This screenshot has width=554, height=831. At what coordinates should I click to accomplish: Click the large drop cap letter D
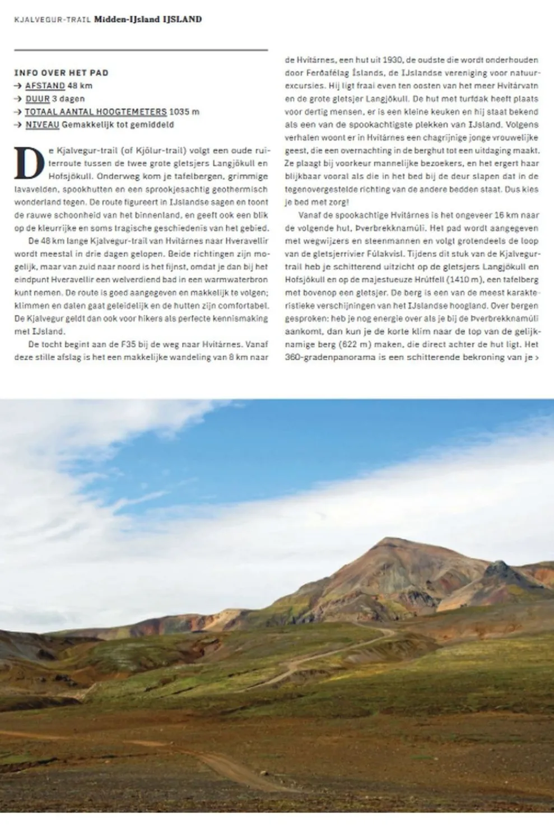point(29,162)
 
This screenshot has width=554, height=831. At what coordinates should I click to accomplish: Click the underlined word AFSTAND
point(45,86)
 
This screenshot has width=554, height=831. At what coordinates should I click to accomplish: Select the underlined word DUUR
point(37,99)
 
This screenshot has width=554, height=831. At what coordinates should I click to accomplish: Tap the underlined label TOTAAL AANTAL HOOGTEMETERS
point(96,111)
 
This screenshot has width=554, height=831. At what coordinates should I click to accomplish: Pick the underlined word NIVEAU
point(42,124)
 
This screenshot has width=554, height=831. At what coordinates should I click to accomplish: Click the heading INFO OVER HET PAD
point(61,73)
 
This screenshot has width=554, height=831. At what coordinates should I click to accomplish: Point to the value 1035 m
point(184,111)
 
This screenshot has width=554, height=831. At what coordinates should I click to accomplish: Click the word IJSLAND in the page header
point(182,19)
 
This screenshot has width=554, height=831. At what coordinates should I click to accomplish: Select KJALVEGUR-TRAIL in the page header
point(52,20)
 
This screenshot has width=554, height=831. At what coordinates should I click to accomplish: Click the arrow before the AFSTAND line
point(18,86)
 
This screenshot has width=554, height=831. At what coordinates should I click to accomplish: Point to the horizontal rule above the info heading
point(141,50)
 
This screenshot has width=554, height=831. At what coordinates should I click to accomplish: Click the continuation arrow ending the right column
point(537,357)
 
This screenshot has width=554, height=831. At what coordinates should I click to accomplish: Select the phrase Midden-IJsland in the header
point(127,19)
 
